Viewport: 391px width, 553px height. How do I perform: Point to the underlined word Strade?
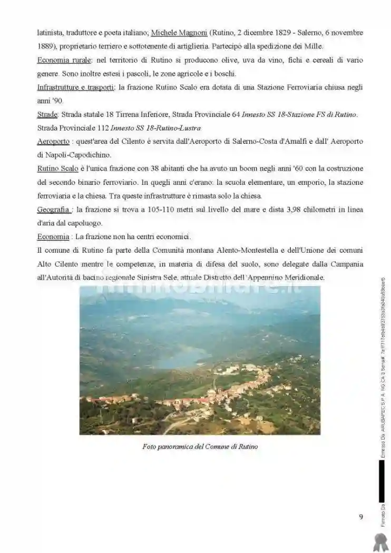(x=47, y=114)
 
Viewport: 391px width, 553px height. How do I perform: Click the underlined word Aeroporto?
(x=54, y=142)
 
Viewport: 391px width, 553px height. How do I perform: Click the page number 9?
(x=361, y=517)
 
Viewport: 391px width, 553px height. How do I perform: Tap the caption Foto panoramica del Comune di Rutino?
(x=200, y=447)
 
